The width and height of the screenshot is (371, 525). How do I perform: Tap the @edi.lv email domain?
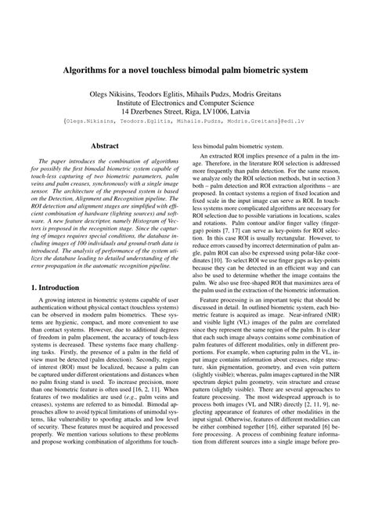[x=294, y=122]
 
